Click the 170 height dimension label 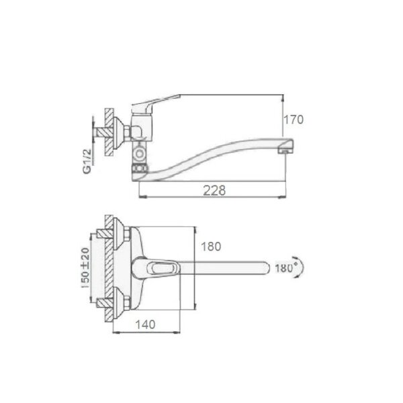294,120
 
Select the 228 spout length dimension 214,191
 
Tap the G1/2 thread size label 87,161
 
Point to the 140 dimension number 145,324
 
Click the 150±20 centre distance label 85,267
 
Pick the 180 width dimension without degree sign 211,247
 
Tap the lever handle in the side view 155,103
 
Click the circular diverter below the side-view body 140,154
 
